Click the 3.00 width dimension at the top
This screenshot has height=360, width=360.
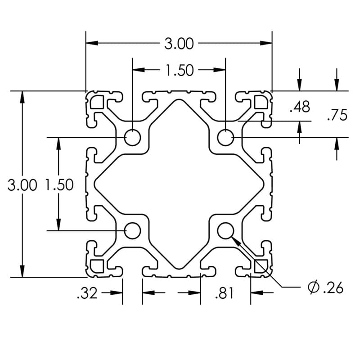(179, 44)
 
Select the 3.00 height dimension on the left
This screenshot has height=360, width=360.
(22, 185)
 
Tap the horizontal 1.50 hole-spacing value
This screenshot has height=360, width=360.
(179, 70)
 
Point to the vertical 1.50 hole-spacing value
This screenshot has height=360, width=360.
(59, 185)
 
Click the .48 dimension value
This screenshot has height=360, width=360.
(300, 107)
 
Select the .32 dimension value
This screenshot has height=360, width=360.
(87, 293)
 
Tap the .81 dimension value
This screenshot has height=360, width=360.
(225, 293)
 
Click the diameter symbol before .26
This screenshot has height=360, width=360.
(314, 287)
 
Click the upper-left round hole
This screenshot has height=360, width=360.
(132, 137)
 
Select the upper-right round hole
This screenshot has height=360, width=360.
(225, 137)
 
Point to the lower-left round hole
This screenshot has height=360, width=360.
(132, 230)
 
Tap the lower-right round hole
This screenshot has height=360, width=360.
(225, 230)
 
